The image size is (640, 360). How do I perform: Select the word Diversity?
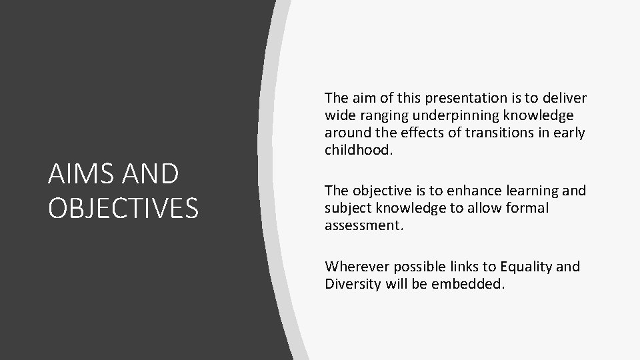[x=352, y=283]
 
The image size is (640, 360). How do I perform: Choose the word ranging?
[x=379, y=115]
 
